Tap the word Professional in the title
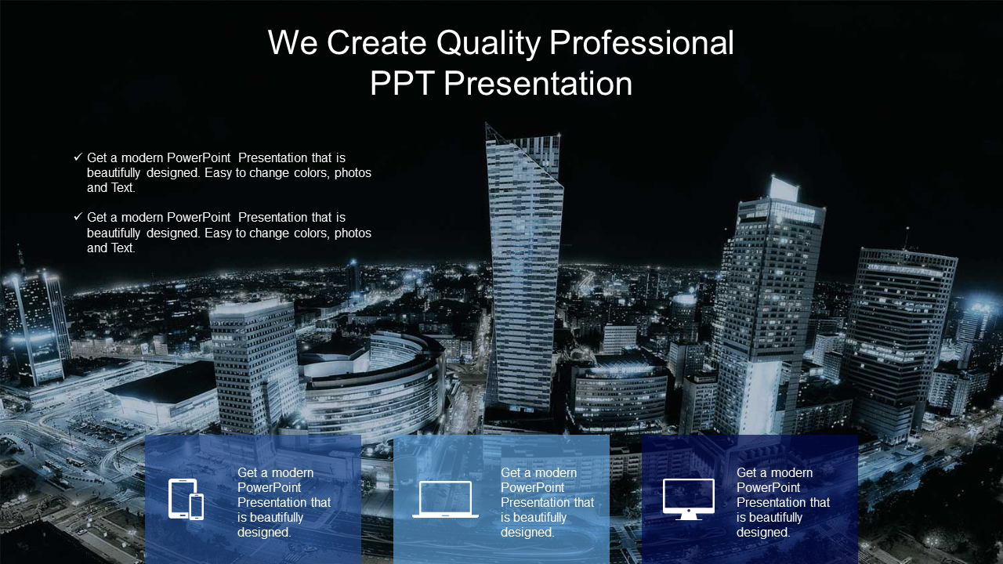(642, 43)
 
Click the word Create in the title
(377, 43)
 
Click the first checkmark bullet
(78, 157)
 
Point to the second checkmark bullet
(78, 217)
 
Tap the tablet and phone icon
(186, 499)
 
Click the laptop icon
(445, 499)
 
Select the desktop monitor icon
(688, 499)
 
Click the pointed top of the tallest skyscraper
(487, 124)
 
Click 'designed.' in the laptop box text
(527, 532)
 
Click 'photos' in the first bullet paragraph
(353, 173)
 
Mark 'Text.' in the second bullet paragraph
(123, 248)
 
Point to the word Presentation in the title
(538, 83)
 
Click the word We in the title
(293, 43)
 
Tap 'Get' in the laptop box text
(511, 472)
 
